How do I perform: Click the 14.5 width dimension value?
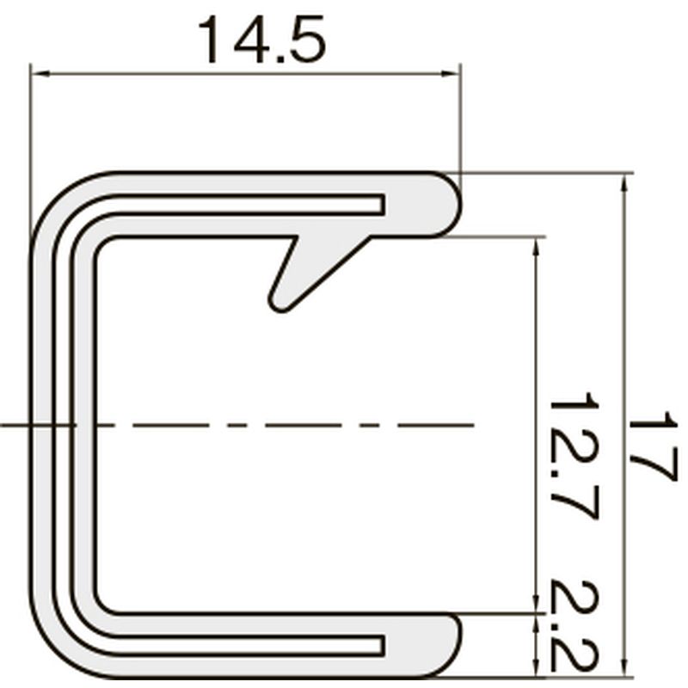262,39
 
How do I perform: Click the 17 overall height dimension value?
653,446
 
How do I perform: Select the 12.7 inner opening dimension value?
574,456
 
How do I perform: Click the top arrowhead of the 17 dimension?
624,181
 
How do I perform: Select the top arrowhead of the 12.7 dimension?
535,246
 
